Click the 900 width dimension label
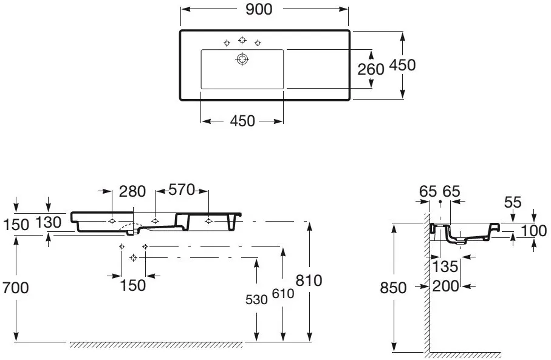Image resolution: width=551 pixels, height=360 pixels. coord(259,10)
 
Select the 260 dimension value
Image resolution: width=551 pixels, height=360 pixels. coord(371,69)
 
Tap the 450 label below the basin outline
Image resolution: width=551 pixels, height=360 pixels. coord(242,121)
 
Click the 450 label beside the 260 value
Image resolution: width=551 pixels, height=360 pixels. coord(403,65)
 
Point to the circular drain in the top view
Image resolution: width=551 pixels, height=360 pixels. coord(242,59)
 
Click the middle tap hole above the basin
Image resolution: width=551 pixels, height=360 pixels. coord(242,40)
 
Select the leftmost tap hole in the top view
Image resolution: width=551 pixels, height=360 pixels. coord(227,43)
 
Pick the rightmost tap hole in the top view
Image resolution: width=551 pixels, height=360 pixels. coord(258,43)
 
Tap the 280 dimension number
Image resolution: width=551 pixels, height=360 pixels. coord(132,191)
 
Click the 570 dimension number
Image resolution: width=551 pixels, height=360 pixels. coord(182,189)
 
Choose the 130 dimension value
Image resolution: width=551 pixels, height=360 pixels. coord(49,222)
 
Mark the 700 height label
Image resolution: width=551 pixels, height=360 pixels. coord(15,288)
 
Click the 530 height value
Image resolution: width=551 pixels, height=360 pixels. coord(256,299)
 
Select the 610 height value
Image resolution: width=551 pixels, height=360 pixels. coord(283,293)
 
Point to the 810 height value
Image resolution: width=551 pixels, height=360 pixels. coord(309,280)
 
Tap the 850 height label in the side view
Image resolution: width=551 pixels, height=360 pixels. coord(393,288)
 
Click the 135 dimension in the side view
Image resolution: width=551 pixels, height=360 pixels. coord(445,267)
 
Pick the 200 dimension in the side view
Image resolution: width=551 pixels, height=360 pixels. coord(445,287)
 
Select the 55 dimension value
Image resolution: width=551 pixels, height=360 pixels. coord(513,202)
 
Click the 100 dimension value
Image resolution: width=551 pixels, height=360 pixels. coord(534,231)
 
